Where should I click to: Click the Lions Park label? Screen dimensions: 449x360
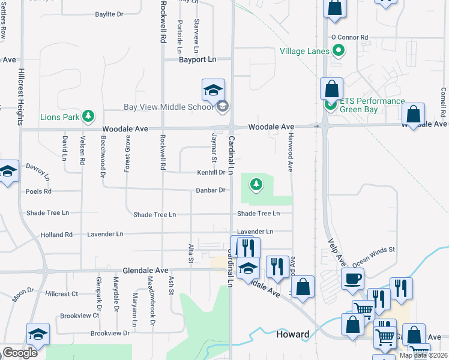point(61,116)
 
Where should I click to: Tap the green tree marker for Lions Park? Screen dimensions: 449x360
point(89,115)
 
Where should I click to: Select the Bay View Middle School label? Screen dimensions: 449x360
point(168,107)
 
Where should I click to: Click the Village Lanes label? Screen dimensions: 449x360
point(304,51)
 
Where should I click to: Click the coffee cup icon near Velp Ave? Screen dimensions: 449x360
point(352,278)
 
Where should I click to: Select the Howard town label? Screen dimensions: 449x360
point(292,334)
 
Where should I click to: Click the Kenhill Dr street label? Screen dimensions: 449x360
point(211,172)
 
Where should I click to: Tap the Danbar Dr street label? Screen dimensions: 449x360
point(211,190)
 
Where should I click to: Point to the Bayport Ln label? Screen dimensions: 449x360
point(197,59)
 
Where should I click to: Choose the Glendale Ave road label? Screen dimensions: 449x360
point(145,271)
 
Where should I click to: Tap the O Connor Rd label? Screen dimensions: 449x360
point(349,37)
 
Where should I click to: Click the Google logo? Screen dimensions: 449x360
point(19,353)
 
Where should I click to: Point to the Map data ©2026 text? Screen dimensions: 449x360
point(423,355)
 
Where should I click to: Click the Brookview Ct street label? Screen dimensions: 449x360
point(79,315)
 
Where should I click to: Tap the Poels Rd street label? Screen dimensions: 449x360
point(38,191)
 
